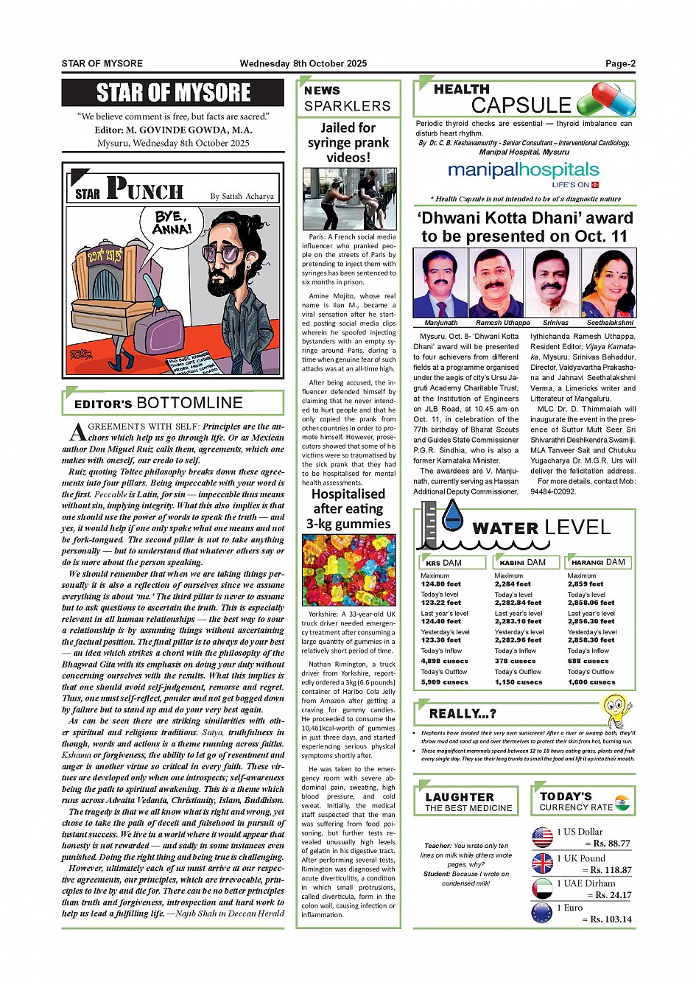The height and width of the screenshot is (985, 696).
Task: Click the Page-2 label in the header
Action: (620, 63)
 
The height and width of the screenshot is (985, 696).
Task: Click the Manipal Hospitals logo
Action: (524, 173)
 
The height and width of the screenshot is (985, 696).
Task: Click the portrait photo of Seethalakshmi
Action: (609, 284)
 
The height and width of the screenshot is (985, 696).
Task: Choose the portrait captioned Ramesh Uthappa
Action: (497, 284)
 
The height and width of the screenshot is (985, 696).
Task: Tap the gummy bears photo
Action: (348, 570)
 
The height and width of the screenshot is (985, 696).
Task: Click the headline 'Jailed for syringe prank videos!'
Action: (348, 142)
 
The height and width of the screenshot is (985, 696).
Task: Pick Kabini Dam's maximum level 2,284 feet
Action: (513, 584)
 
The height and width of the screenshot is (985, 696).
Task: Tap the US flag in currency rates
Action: (542, 837)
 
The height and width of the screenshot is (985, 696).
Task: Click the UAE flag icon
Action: (542, 888)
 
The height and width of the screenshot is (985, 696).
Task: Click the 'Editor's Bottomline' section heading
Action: (159, 403)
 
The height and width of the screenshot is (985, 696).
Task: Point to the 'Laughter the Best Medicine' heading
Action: (468, 802)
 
